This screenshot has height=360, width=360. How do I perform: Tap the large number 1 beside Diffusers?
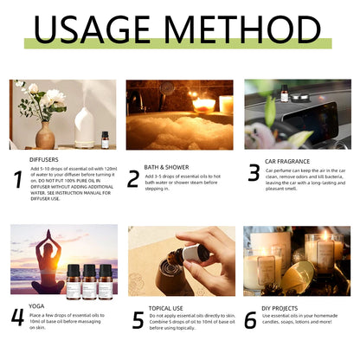pos(18,179)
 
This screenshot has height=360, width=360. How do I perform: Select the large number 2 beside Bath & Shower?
pos(133,178)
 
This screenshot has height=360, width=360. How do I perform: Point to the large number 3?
pos(254,173)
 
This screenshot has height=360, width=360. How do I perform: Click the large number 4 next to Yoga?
pos(17,317)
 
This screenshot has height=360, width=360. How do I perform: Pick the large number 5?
pos(138,320)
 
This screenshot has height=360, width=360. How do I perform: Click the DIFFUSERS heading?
pos(44,160)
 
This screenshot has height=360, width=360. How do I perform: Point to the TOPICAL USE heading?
pos(168,306)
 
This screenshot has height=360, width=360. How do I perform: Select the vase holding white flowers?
pos(45,135)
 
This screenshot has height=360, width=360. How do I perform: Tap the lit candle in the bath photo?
pos(205,104)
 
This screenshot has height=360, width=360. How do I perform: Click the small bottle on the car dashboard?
pos(284,93)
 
